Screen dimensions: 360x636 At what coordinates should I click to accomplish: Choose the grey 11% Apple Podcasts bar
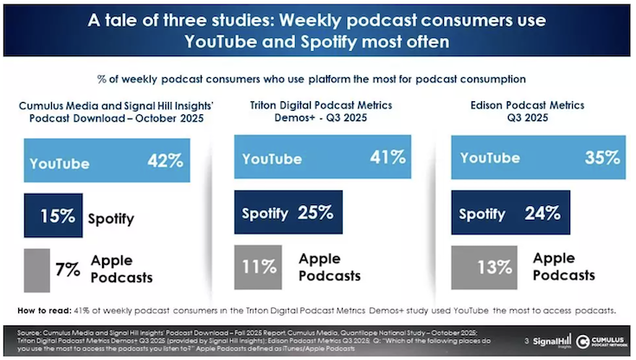[x=261, y=267]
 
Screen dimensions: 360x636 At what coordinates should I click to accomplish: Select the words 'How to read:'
[x=42, y=309]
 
